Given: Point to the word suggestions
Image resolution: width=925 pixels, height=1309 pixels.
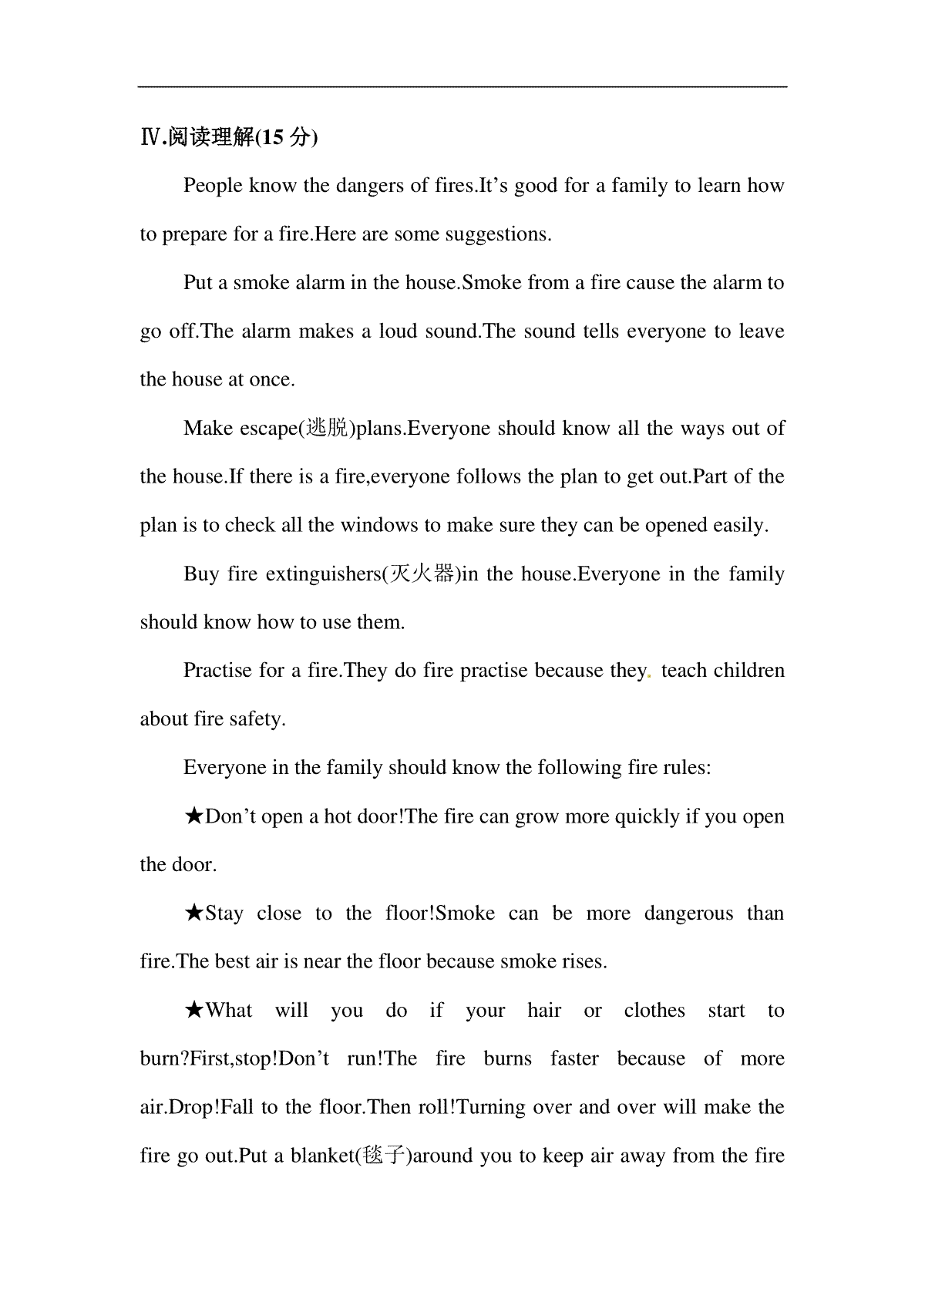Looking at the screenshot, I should pyautogui.click(x=503, y=234).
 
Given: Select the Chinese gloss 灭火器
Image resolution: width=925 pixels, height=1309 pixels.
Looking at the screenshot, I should pyautogui.click(x=423, y=574).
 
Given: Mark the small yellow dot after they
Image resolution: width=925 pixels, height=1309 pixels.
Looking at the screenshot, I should pyautogui.click(x=650, y=676).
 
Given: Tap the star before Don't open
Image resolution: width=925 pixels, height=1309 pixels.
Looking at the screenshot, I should pyautogui.click(x=194, y=816).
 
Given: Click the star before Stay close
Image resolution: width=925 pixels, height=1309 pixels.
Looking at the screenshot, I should pyautogui.click(x=194, y=914).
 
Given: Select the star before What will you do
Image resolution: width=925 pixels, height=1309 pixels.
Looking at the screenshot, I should pyautogui.click(x=194, y=1011).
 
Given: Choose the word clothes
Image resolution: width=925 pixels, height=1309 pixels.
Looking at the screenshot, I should pyautogui.click(x=654, y=1011).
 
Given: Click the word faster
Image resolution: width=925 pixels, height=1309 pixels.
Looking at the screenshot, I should pyautogui.click(x=574, y=1058).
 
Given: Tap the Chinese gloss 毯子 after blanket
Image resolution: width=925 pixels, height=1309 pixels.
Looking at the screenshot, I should pyautogui.click(x=383, y=1156).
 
